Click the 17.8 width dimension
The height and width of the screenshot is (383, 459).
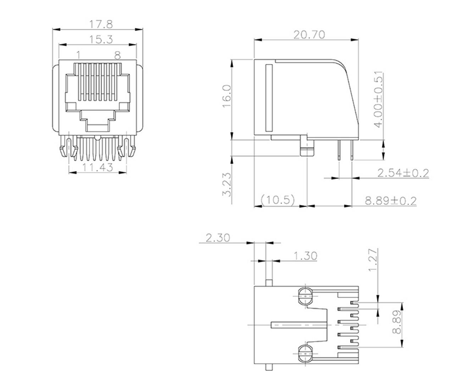(x=101, y=24)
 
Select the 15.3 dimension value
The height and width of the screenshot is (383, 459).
(x=101, y=39)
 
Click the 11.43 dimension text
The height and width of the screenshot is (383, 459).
(x=98, y=167)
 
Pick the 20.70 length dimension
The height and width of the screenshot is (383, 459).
(x=309, y=34)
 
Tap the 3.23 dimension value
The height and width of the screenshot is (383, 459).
(x=227, y=184)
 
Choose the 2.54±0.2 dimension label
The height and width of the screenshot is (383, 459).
(x=403, y=173)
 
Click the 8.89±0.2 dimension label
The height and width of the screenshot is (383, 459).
(x=390, y=201)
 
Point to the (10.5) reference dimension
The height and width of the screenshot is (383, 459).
(x=278, y=200)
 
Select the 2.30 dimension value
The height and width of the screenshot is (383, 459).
(x=217, y=237)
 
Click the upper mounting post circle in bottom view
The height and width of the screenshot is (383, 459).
(x=305, y=296)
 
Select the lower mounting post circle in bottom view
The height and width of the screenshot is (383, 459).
(x=305, y=353)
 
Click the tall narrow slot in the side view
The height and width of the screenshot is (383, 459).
(x=268, y=97)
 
